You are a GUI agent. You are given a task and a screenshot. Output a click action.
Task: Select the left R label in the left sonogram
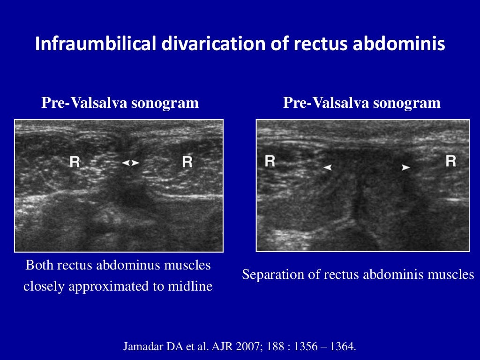[x=75, y=162]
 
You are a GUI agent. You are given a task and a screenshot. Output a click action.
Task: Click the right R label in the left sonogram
[x=187, y=162]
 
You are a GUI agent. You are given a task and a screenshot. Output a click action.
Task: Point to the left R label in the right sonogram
[x=270, y=161]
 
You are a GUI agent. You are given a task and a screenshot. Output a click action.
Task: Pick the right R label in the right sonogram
[x=451, y=161]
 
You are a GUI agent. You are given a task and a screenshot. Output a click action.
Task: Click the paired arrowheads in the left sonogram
[x=130, y=163]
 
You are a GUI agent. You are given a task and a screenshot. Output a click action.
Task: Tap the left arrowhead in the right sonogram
[x=328, y=167]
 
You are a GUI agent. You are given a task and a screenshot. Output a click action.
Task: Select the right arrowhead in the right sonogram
[x=406, y=167]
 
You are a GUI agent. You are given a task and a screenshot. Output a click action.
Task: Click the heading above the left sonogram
[x=120, y=103]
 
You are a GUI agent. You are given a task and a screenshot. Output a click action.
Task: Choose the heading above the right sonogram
[x=362, y=103]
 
